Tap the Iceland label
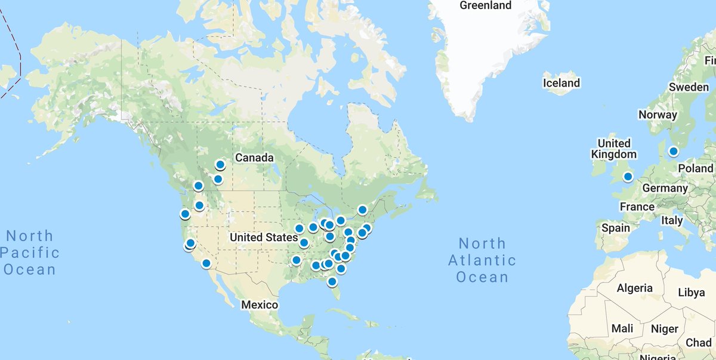coord(561,83)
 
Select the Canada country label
coord(254,158)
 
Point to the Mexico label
coord(260,305)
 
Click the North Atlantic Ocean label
coord(482,260)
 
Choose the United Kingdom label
coord(614,149)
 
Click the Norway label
coord(658,115)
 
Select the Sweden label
coord(689,87)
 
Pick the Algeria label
coord(635,288)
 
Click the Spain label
coord(615,228)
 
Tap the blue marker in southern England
coord(628,176)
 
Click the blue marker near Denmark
coord(673,151)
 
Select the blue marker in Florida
coord(332,281)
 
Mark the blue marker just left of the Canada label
coord(220,165)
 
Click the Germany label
coord(665,188)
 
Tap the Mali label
coord(622,329)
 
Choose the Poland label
coord(695,168)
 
